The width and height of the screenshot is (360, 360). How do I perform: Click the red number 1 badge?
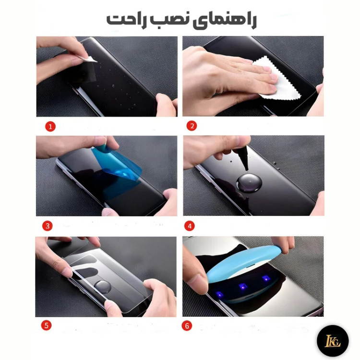tap(50, 127)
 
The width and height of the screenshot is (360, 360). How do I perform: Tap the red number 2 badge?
tap(192, 126)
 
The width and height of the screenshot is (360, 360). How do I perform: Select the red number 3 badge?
tap(47, 226)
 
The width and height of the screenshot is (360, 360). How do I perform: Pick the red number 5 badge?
tap(47, 325)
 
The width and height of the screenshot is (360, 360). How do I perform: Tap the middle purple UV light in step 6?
tap(241, 286)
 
